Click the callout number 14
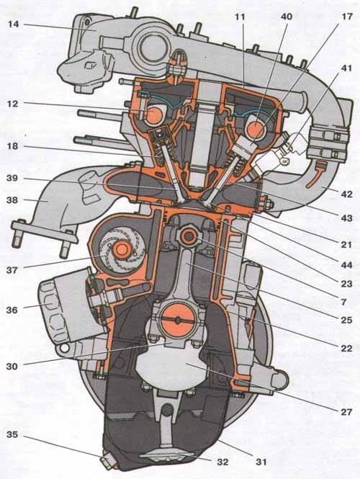coord(14,24)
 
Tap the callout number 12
coord(12,104)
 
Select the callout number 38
coord(12,200)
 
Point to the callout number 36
coord(12,310)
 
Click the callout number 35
coord(12,434)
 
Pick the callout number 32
coord(222,462)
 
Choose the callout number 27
coord(346,412)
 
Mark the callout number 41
coord(346,68)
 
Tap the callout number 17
coord(347,16)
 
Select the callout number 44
coord(346,265)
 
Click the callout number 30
coord(12,366)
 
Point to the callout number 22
coord(346,348)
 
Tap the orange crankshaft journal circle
coord(178,320)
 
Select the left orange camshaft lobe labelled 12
coord(154,114)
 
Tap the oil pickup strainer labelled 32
coord(166,456)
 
